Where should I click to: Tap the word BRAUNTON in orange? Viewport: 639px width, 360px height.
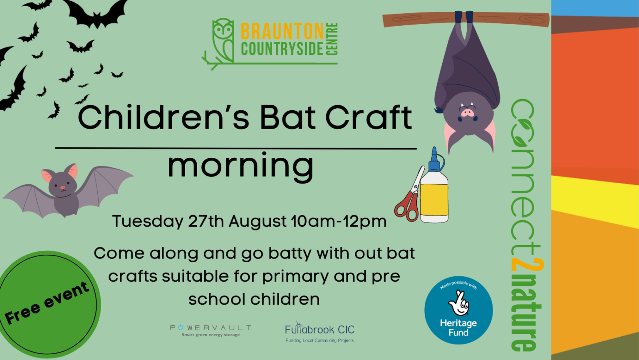pos(282,31)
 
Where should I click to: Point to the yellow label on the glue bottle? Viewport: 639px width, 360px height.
pos(434,199)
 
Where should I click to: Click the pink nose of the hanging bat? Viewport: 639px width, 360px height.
pos(467,113)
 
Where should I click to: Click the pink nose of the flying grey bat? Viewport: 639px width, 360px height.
pos(63,188)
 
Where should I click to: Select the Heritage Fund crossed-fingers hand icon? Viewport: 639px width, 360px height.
pos(459,303)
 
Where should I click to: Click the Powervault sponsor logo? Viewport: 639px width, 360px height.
pos(211,330)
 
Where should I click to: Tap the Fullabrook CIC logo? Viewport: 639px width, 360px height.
pos(320,332)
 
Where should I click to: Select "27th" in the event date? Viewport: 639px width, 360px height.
pos(206,221)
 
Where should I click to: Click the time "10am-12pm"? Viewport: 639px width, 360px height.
pos(339,221)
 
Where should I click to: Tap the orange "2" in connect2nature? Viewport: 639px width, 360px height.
pos(527,264)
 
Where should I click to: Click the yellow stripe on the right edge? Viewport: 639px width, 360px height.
pos(595,201)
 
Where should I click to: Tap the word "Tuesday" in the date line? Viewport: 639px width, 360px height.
pos(148,222)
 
